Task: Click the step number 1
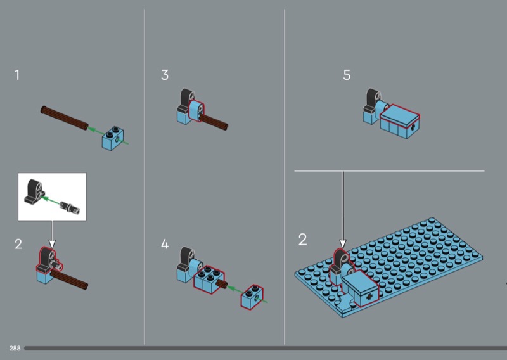coord(17,75)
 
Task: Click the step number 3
coord(165,75)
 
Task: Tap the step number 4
coord(165,244)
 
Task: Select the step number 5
coord(347,75)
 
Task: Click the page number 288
coord(15,348)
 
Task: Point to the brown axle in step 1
coord(64,118)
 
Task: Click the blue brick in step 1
coord(113,138)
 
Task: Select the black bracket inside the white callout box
coord(34,191)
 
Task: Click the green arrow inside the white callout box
coord(51,200)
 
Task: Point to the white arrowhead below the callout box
coord(52,243)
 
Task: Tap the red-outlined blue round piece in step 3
coord(196,111)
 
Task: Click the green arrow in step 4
coord(235,290)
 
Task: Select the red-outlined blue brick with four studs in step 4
coord(209,280)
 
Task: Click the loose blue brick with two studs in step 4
coord(252,296)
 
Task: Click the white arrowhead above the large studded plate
coord(343,243)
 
